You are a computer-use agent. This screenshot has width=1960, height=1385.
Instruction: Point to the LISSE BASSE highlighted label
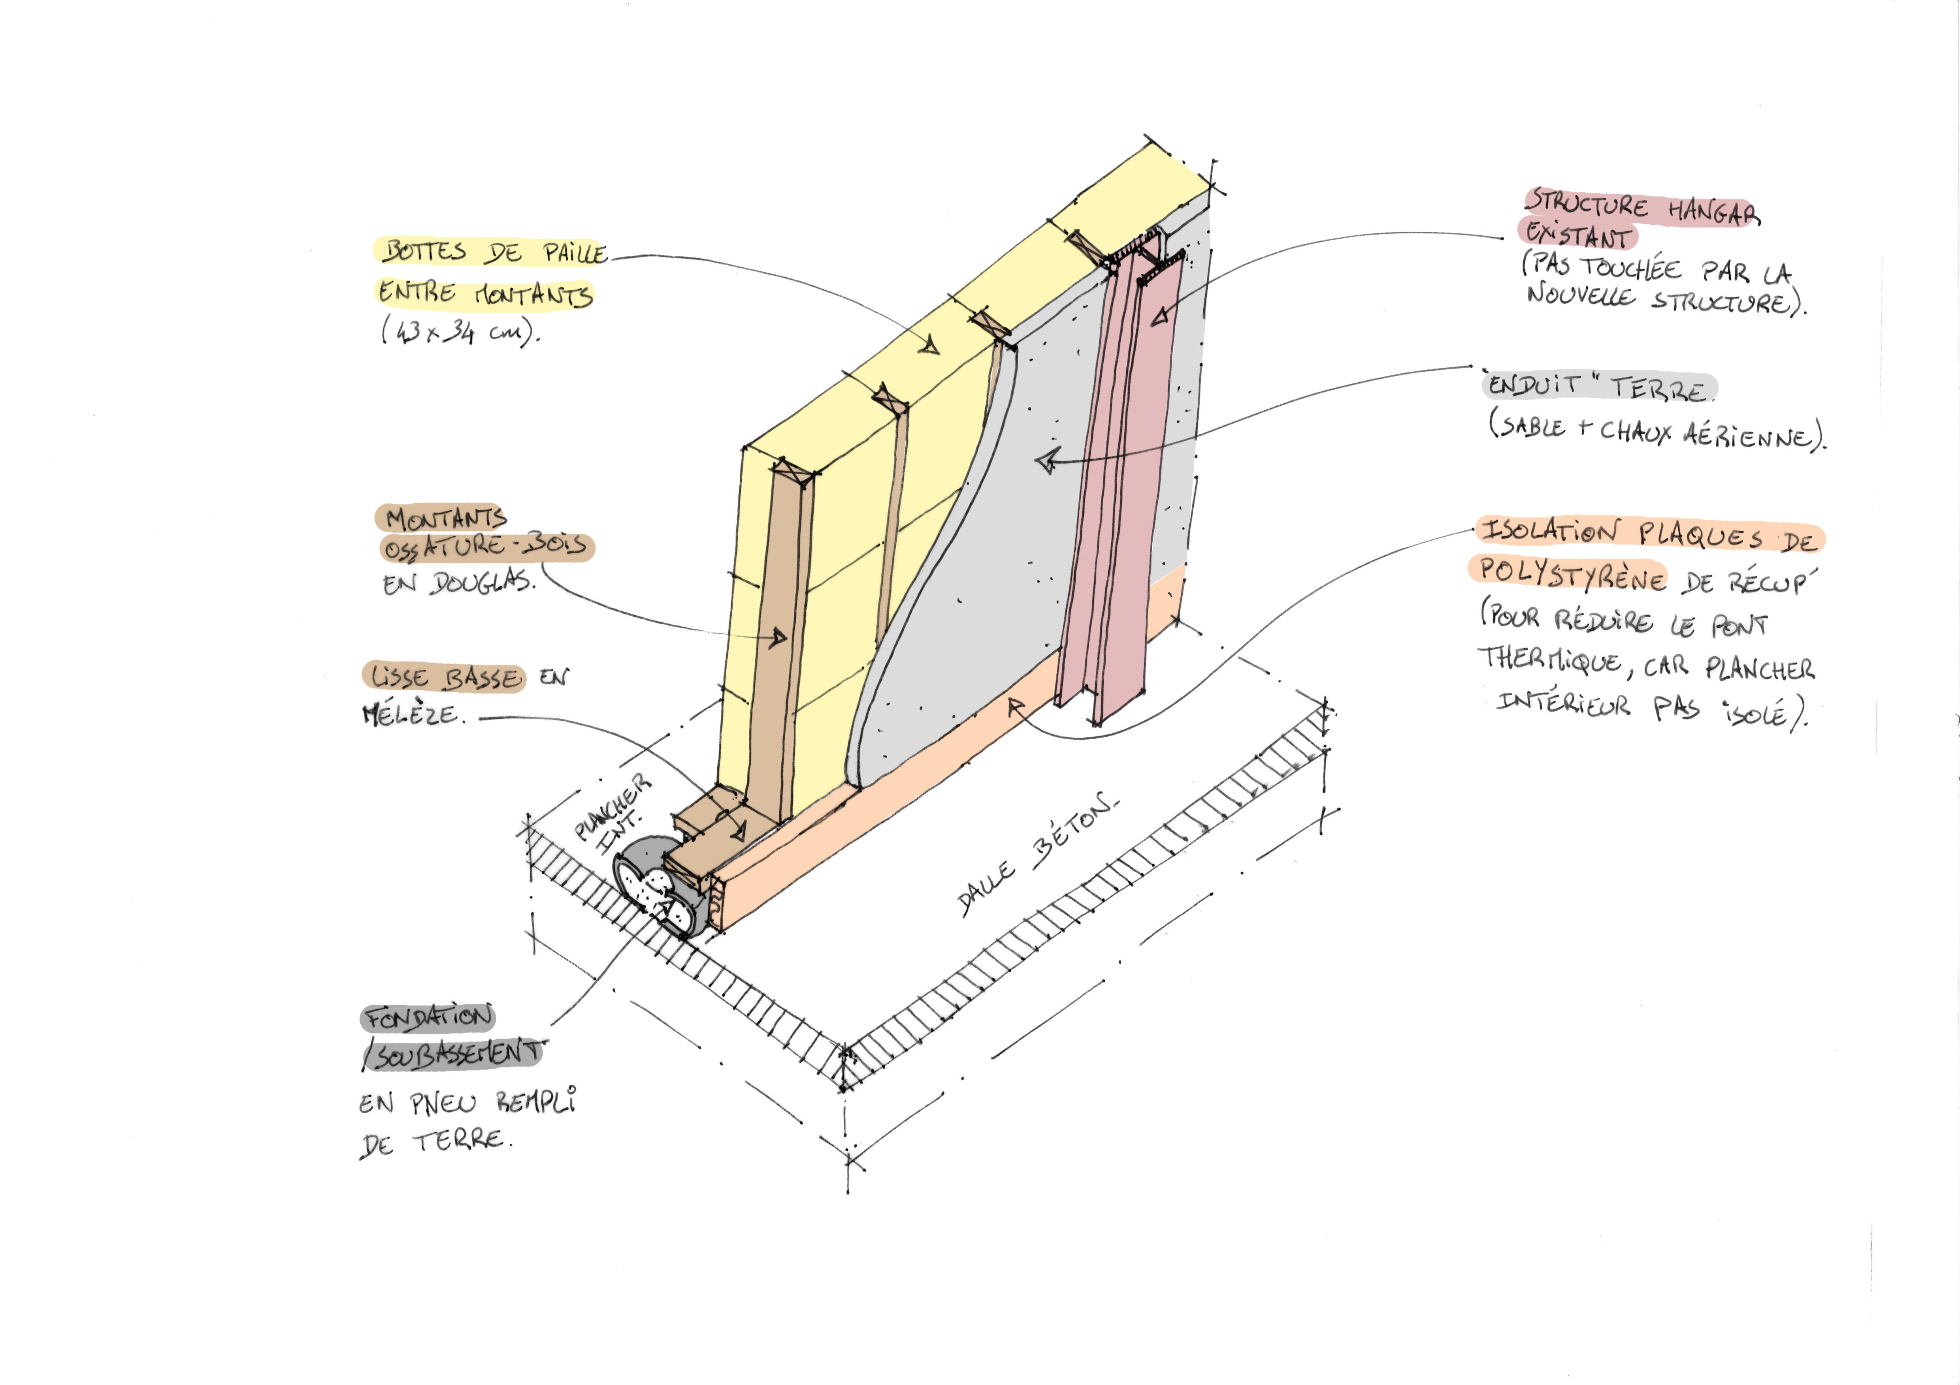[x=444, y=678]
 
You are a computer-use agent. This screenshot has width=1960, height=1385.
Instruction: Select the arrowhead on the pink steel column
[x=1159, y=318]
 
